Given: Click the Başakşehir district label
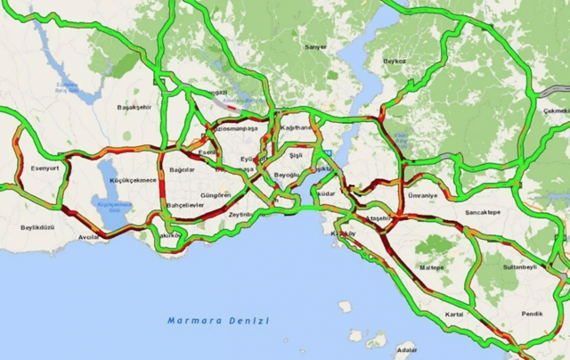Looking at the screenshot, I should [135, 107].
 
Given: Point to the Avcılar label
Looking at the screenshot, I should [89, 238].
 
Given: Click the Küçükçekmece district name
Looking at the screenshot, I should [134, 180].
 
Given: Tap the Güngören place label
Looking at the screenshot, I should [216, 194].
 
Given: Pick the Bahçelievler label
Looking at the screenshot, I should [185, 205].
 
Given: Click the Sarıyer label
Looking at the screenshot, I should [315, 46].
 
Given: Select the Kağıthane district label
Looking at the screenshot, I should [296, 128].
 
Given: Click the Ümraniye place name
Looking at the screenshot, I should [423, 195].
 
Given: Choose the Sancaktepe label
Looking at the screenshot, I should [483, 214].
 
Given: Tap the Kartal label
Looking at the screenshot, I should [454, 314].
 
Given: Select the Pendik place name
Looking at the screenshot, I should [532, 315].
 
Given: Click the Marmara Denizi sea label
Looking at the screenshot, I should [217, 319].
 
